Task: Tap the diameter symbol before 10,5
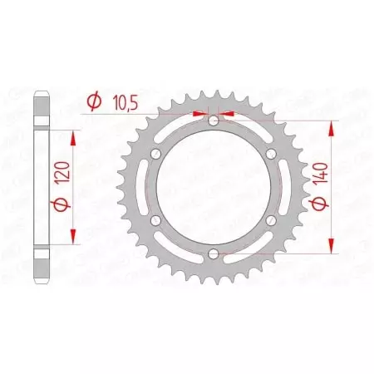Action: click(x=94, y=101)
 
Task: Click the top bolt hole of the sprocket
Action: click(x=214, y=121)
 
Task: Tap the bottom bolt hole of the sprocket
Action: click(x=214, y=253)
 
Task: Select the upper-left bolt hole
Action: click(x=157, y=154)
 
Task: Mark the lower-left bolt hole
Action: click(x=157, y=219)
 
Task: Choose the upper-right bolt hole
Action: click(x=270, y=154)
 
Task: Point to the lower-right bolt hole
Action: click(x=270, y=219)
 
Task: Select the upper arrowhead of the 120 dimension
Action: click(x=75, y=135)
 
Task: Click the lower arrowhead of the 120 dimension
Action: click(x=75, y=238)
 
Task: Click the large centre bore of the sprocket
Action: click(x=214, y=187)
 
